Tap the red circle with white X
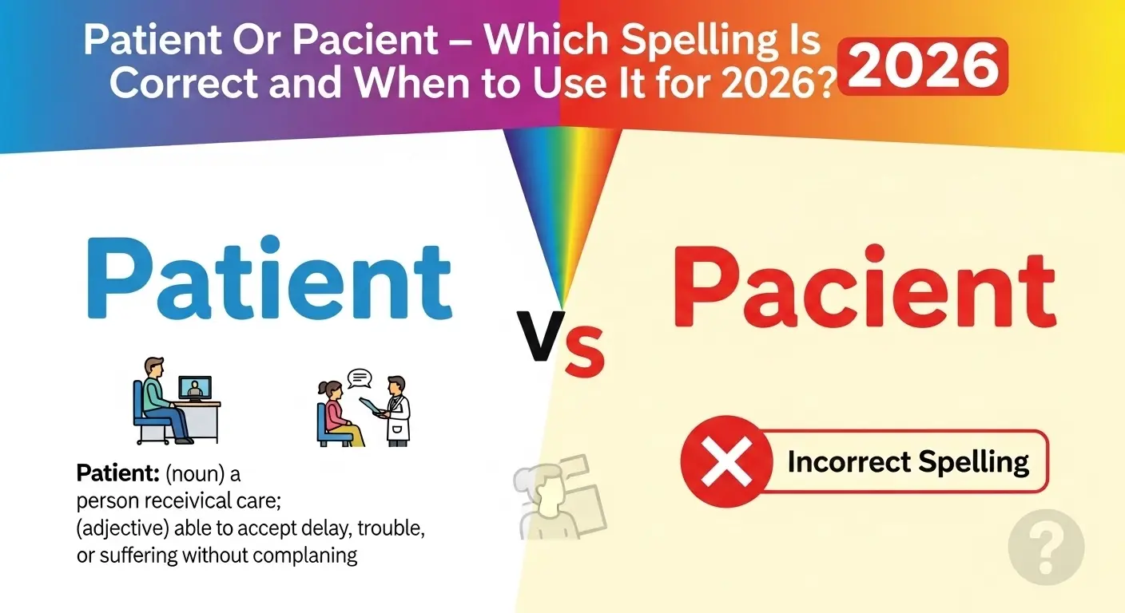click(727, 461)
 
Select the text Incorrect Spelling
click(908, 462)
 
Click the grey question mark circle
click(1046, 548)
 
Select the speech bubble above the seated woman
click(360, 376)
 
